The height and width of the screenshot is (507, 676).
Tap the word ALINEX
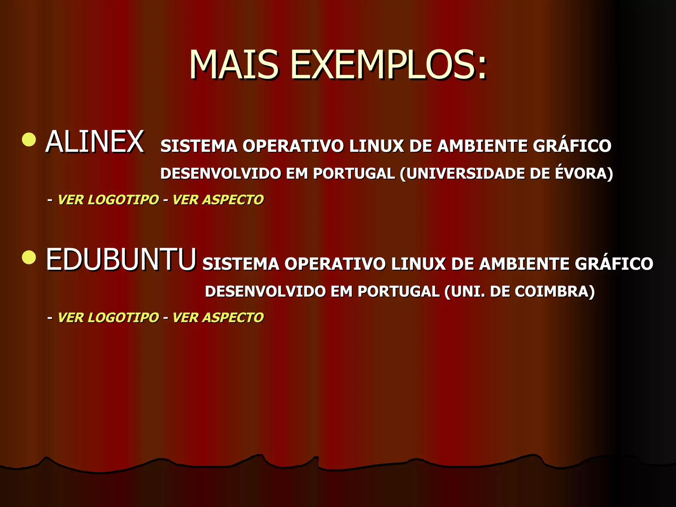[x=95, y=142]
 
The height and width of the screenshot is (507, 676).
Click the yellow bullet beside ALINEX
[x=29, y=139]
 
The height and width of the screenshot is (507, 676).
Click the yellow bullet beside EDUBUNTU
[x=29, y=257]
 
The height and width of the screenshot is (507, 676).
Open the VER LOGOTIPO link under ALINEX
[x=108, y=200]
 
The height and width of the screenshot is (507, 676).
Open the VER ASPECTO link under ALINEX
[x=218, y=200]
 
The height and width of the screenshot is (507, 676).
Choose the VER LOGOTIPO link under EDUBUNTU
[x=108, y=318]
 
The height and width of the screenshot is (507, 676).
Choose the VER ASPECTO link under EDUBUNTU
[x=218, y=318]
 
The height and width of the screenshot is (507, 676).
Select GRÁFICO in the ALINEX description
[x=572, y=146]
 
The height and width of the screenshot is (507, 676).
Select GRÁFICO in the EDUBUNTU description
[x=614, y=264]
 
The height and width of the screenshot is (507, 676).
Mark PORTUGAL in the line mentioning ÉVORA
[x=354, y=174]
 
